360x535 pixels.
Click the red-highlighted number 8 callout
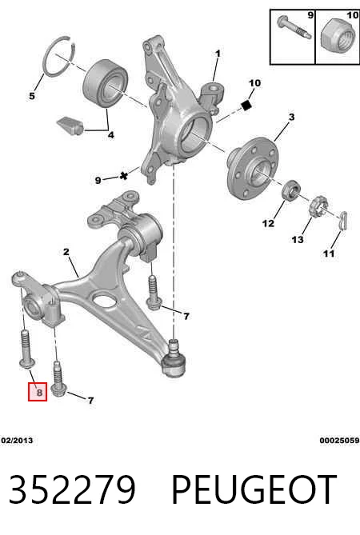pos(38,391)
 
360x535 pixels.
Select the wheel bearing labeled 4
pos(106,83)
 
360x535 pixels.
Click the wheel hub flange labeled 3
pos(253,168)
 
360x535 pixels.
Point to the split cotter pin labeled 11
pos(343,221)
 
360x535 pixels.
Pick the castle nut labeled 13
pos(318,206)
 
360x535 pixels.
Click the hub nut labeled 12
pos(291,190)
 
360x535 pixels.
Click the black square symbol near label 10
pos(246,105)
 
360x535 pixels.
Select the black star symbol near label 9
pos(124,176)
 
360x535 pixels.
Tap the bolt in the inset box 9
pos(294,27)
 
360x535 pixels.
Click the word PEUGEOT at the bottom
pos(254,489)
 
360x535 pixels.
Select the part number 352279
pos(72,489)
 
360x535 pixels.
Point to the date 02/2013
pos(17,440)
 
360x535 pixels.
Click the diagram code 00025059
pos(339,441)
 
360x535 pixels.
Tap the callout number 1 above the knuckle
pos(218,54)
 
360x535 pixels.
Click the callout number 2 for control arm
pos(66,252)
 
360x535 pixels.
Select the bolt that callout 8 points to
pos(26,348)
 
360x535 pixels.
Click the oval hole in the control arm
pos(105,301)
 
